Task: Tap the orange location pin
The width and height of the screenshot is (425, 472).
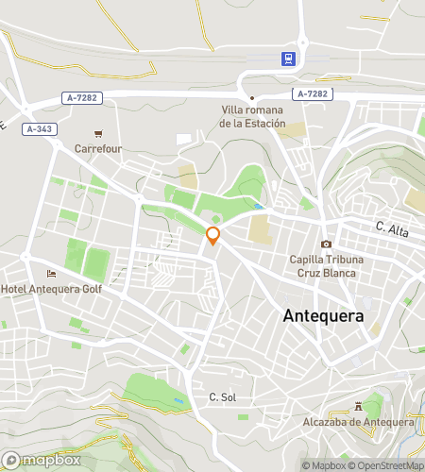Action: [x=213, y=236]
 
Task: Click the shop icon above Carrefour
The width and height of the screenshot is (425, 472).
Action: [x=97, y=134]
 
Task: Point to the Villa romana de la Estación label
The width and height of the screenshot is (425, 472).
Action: [x=251, y=116]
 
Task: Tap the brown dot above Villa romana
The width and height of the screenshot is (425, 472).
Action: [x=252, y=98]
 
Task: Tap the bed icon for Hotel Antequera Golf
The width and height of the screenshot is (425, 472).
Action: [x=50, y=274]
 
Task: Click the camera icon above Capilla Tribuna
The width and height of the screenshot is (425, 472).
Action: [x=326, y=244]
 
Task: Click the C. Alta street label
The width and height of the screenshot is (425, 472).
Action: [x=391, y=227]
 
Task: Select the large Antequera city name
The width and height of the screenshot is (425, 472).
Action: [x=323, y=316]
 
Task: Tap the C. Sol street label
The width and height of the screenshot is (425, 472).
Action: [x=222, y=397]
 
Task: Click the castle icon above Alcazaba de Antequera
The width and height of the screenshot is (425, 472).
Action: [x=358, y=406]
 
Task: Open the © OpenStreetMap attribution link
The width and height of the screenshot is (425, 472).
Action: [x=386, y=465]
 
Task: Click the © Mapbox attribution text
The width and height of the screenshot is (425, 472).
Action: [x=325, y=465]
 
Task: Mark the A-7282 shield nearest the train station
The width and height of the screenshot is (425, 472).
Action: [x=311, y=93]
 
